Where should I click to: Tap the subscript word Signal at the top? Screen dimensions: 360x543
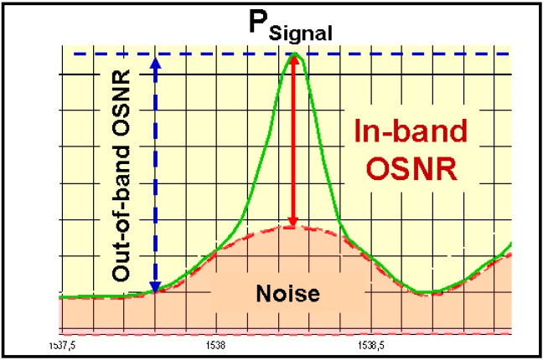coord(297,33)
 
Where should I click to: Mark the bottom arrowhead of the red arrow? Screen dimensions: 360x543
coord(293,222)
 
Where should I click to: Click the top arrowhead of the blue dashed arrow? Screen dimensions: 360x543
coord(155,61)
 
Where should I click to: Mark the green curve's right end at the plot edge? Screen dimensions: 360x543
coord(511,244)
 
